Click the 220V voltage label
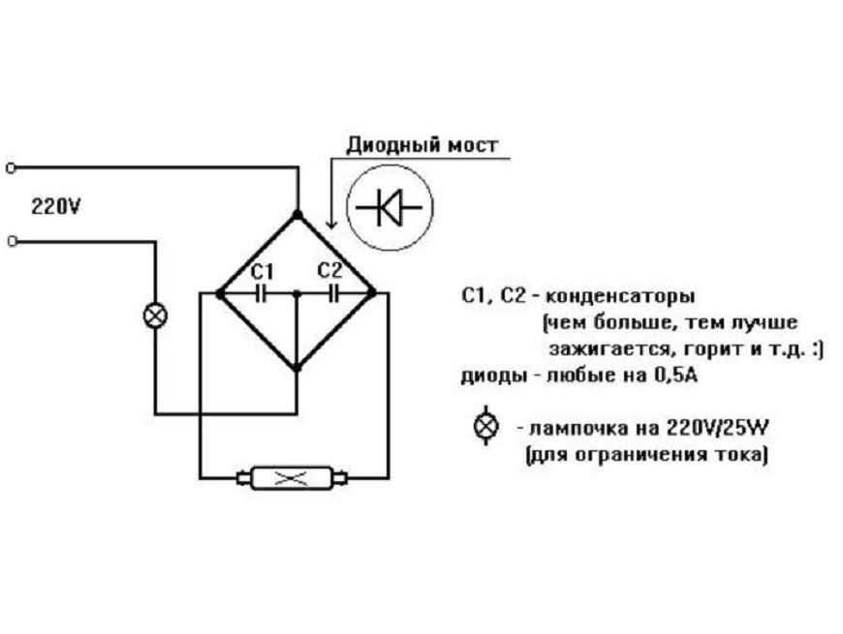coord(55,206)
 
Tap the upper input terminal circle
coord(11,167)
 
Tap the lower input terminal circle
coord(11,242)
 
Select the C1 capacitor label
coord(262,270)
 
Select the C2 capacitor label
coord(330,270)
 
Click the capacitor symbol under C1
coord(260,291)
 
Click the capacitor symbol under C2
coord(333,291)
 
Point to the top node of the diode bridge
coord(297,214)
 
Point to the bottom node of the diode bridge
coord(297,368)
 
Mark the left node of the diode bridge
coord(221,291)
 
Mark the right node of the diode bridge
coord(373,291)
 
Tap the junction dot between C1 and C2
coord(297,291)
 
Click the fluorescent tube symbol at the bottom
coord(292,477)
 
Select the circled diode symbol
coord(390,206)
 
